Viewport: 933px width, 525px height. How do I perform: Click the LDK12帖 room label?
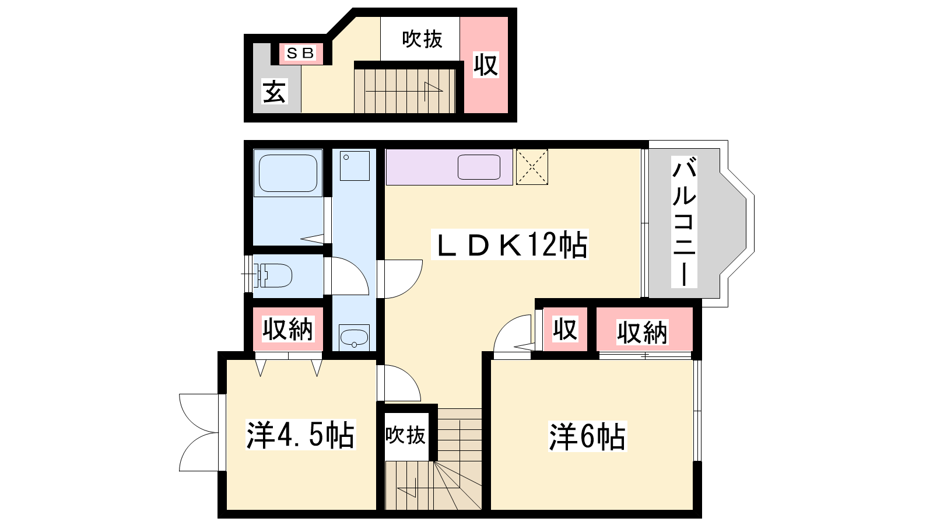click(510, 244)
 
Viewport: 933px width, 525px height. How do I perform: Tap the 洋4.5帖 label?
click(300, 435)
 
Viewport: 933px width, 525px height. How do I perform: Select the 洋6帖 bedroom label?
click(587, 437)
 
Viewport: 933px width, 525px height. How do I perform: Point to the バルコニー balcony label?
click(684, 222)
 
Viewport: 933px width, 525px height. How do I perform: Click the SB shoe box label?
click(300, 53)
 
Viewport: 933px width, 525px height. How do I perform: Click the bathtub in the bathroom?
click(288, 173)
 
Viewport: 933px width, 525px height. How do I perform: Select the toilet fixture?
click(275, 275)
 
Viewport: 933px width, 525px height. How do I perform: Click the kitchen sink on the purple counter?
click(479, 167)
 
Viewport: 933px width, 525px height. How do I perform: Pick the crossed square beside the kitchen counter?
click(532, 167)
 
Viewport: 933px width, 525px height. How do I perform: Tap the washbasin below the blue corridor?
click(354, 338)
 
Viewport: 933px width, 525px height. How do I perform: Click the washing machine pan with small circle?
click(355, 166)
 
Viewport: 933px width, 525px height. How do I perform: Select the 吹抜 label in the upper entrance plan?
click(422, 40)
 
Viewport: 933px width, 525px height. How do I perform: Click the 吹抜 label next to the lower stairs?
click(405, 435)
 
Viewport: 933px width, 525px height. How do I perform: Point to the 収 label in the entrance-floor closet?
click(486, 65)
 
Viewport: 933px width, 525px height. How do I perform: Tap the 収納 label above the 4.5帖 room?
click(287, 329)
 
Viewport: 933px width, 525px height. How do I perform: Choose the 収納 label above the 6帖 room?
click(642, 332)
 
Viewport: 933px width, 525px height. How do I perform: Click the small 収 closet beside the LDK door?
click(565, 329)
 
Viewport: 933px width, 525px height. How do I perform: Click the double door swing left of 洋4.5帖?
click(199, 432)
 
